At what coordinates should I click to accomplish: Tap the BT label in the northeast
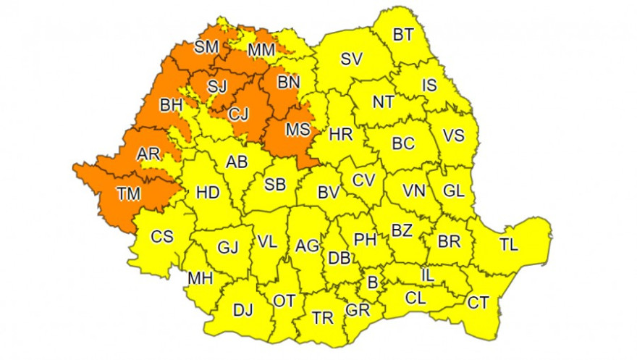pyautogui.click(x=403, y=34)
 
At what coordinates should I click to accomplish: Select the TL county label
pyautogui.click(x=509, y=244)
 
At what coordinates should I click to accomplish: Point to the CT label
pyautogui.click(x=478, y=302)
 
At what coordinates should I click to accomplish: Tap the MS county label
pyautogui.click(x=298, y=130)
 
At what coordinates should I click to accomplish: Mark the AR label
pyautogui.click(x=148, y=154)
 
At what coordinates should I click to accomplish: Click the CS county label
pyautogui.click(x=161, y=236)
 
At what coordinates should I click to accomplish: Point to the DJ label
pyautogui.click(x=243, y=311)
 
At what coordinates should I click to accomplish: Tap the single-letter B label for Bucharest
pyautogui.click(x=373, y=282)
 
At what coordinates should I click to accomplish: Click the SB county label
pyautogui.click(x=274, y=185)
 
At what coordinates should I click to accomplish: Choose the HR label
pyautogui.click(x=339, y=134)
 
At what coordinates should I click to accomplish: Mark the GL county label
pyautogui.click(x=453, y=191)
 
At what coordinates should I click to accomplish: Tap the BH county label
pyautogui.click(x=172, y=105)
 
